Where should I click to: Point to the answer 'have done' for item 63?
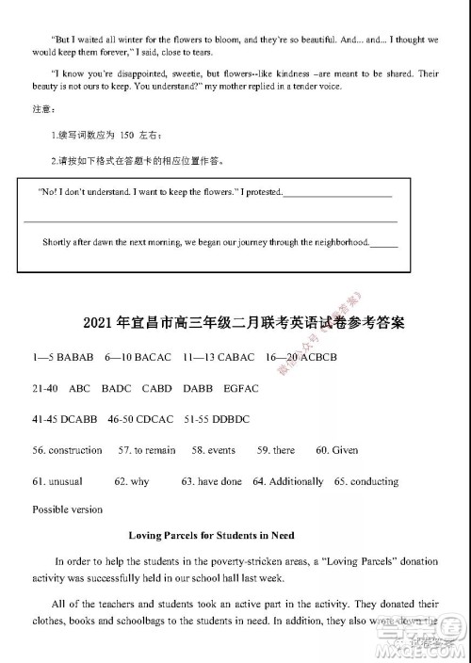(219, 481)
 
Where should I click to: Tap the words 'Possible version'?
(67, 509)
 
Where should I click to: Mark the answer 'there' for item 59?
(283, 450)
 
